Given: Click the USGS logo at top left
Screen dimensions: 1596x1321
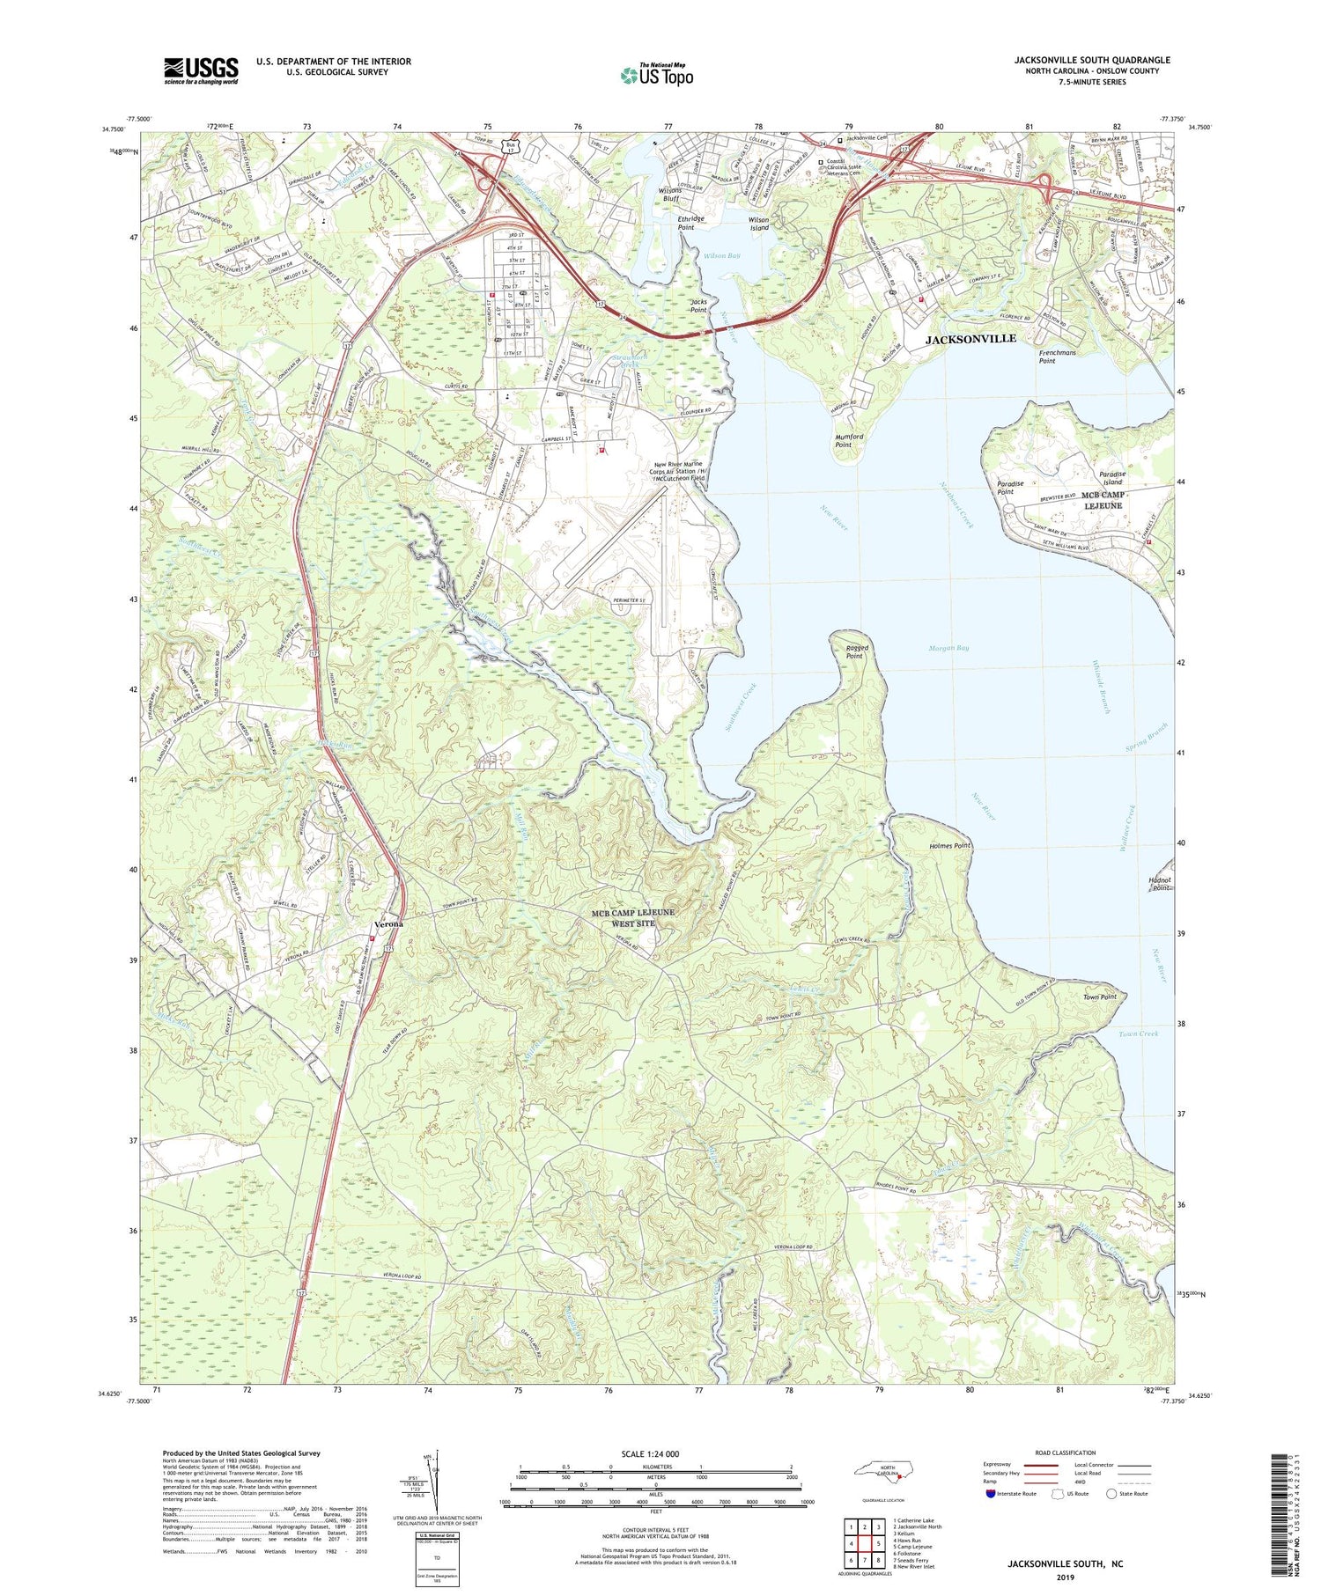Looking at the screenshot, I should coord(201,70).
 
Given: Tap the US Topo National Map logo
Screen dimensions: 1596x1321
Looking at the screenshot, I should coord(656,76).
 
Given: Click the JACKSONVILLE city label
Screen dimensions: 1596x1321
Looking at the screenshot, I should coord(970,339).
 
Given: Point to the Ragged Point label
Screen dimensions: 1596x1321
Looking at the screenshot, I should coord(856,651).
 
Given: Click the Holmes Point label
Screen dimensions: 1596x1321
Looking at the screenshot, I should coord(949,845).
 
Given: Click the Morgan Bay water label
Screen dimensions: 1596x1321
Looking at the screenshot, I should coord(948,648).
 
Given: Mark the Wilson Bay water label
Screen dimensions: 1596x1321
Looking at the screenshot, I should coord(721,255).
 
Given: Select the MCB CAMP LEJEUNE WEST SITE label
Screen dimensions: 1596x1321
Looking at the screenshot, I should coord(634,917).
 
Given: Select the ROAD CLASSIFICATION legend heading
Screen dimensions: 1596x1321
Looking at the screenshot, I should coord(1065,1453).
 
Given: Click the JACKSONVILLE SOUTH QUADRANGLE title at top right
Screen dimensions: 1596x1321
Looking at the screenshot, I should coord(1092,60).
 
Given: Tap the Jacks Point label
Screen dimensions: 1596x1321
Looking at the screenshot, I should coord(698,305).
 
